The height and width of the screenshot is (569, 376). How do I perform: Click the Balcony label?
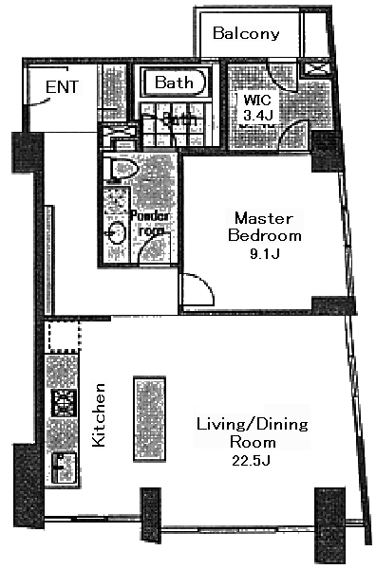point(246,34)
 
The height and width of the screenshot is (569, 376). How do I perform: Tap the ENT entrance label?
point(62,88)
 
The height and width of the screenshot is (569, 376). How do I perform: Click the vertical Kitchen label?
point(98,413)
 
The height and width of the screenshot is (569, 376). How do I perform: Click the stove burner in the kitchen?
point(65,403)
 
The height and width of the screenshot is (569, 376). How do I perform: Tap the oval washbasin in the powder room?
point(117,232)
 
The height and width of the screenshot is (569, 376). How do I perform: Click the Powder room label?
point(153,223)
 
